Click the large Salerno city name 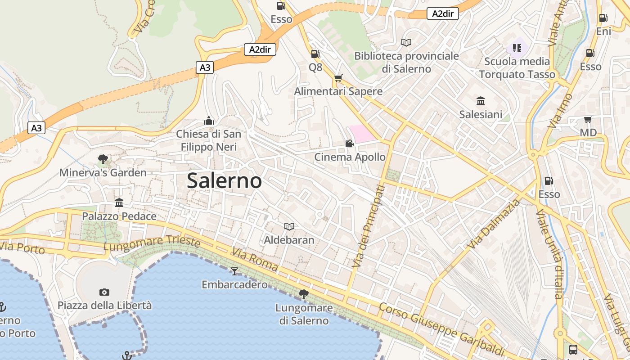[224, 180]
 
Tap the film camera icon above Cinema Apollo [349, 144]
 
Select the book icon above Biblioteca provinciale [406, 42]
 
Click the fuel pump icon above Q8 [315, 54]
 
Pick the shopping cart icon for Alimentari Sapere [338, 78]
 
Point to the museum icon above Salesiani [481, 101]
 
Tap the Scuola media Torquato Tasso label [517, 67]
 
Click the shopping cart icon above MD [588, 119]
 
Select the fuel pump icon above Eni [603, 18]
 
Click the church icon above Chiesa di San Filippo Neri [208, 121]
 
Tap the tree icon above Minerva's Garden [103, 159]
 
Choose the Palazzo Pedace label [119, 216]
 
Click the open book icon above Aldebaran [289, 226]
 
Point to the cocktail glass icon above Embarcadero [234, 271]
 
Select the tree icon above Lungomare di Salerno [304, 294]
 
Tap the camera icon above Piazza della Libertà [104, 292]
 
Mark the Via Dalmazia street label [493, 224]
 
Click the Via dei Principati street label [368, 226]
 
